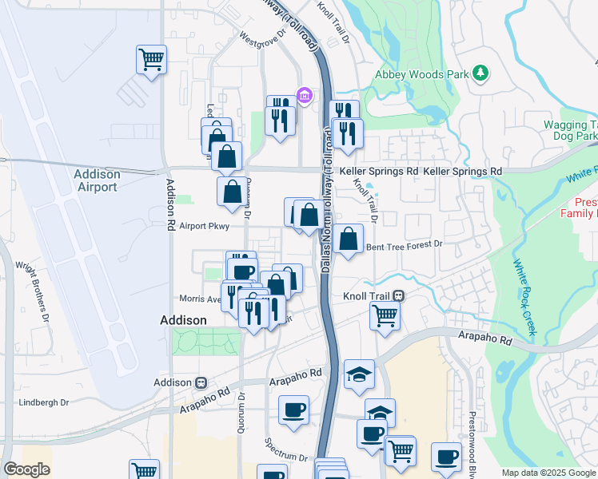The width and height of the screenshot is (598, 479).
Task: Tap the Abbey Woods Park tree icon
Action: click(480, 74)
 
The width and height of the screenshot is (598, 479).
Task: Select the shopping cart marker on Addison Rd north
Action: click(151, 59)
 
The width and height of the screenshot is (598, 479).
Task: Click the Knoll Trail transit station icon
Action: click(398, 295)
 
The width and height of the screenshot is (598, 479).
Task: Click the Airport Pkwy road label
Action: click(204, 227)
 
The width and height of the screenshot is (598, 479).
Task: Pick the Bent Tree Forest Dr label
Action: click(404, 247)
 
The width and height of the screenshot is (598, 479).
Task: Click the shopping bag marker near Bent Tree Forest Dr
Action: click(349, 239)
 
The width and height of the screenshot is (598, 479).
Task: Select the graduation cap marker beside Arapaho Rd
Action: click(359, 373)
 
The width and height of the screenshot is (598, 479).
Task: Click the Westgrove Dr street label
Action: click(262, 38)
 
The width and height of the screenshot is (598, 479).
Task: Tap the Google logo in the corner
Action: click(26, 469)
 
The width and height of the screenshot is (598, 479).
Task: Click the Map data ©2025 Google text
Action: click(548, 473)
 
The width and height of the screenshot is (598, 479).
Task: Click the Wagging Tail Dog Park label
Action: click(570, 130)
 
